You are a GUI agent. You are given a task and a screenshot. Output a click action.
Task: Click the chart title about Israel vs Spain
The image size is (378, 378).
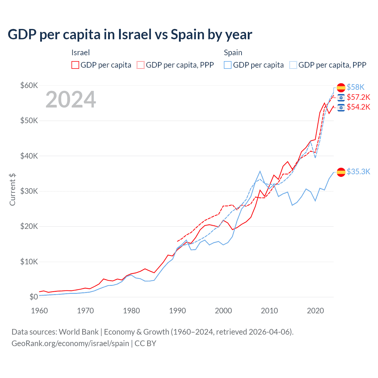point(130,35)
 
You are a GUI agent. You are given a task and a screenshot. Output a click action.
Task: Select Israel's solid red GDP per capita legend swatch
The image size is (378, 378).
point(75,65)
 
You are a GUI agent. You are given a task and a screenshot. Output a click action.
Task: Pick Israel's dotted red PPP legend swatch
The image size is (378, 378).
point(141,65)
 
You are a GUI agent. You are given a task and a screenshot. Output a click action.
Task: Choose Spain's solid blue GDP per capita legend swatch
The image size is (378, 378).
point(228,65)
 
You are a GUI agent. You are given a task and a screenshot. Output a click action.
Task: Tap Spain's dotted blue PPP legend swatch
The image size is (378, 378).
point(293,65)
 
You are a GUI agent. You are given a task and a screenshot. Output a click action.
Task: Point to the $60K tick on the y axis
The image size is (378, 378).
point(29,86)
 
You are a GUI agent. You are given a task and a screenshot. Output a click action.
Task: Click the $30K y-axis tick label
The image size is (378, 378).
point(29,191)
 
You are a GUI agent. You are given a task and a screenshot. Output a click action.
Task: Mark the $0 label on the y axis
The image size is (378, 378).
point(34,297)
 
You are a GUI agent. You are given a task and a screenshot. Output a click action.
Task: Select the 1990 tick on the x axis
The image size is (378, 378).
point(177,311)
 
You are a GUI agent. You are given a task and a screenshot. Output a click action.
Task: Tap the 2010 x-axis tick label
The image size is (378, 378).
point(269,311)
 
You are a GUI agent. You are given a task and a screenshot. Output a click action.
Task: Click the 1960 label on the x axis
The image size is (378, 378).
point(39,311)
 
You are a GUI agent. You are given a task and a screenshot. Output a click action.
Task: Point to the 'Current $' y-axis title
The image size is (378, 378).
point(12,189)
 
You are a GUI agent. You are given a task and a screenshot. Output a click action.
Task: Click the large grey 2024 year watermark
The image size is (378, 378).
point(71,100)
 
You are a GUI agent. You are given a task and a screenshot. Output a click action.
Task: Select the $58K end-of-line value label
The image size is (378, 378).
point(356,87)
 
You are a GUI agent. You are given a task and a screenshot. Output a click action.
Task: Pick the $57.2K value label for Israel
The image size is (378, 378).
point(358,97)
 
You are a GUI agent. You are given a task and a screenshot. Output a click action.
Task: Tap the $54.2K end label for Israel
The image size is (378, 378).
point(358,107)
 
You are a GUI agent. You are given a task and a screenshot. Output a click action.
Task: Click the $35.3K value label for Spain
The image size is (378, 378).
point(358,172)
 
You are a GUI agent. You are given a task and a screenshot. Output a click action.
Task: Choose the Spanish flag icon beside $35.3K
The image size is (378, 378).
point(341,172)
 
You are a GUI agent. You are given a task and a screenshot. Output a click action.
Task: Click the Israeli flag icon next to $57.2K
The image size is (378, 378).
point(341,97)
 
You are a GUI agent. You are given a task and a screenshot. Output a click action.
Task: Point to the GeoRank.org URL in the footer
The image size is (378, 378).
point(70,343)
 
